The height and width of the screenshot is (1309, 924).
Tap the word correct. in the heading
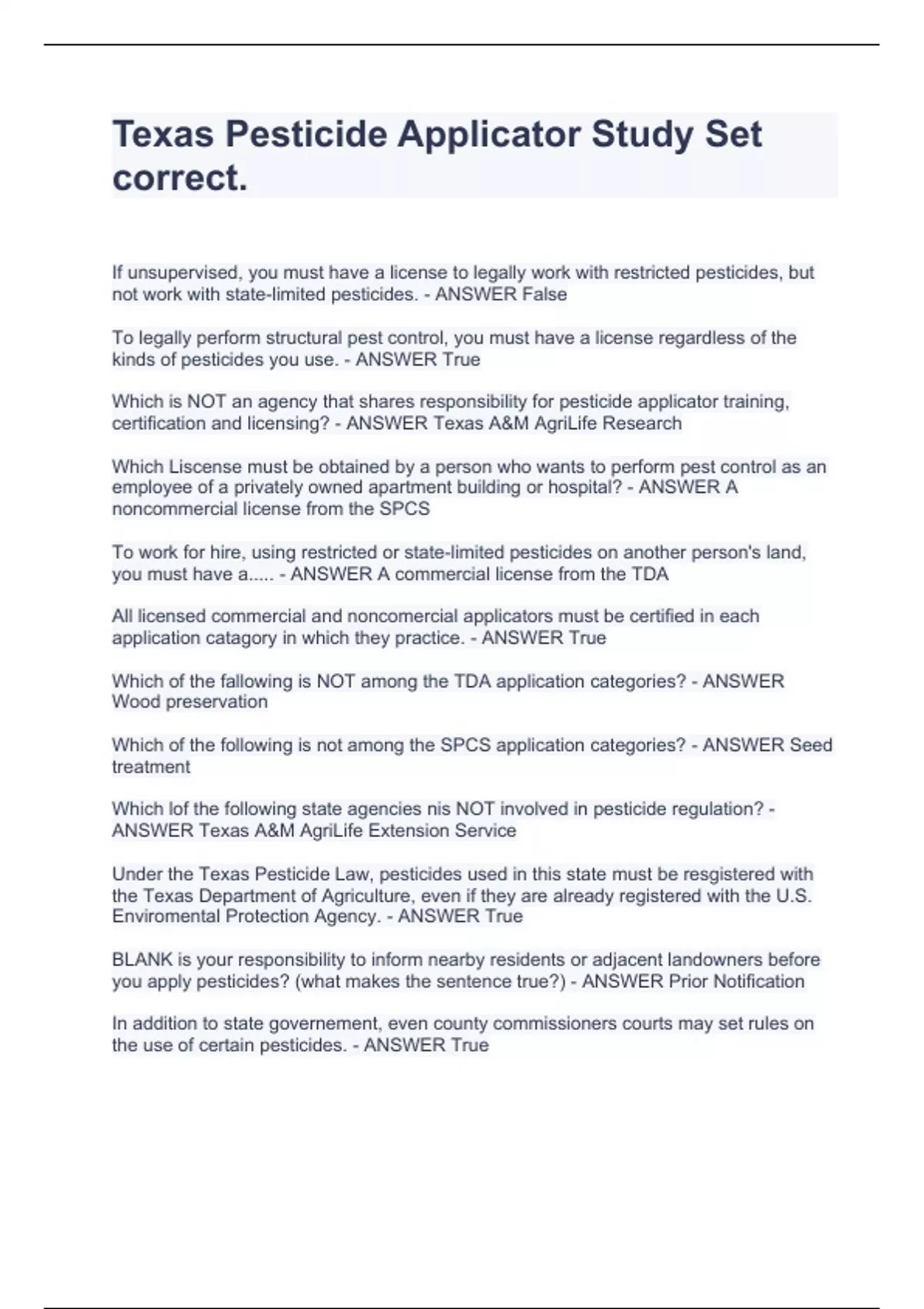180,179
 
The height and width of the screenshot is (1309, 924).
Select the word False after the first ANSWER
544,294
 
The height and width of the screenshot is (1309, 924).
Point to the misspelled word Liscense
207,467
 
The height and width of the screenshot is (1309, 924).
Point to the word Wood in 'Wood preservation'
133,702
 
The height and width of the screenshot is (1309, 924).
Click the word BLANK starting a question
142,960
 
